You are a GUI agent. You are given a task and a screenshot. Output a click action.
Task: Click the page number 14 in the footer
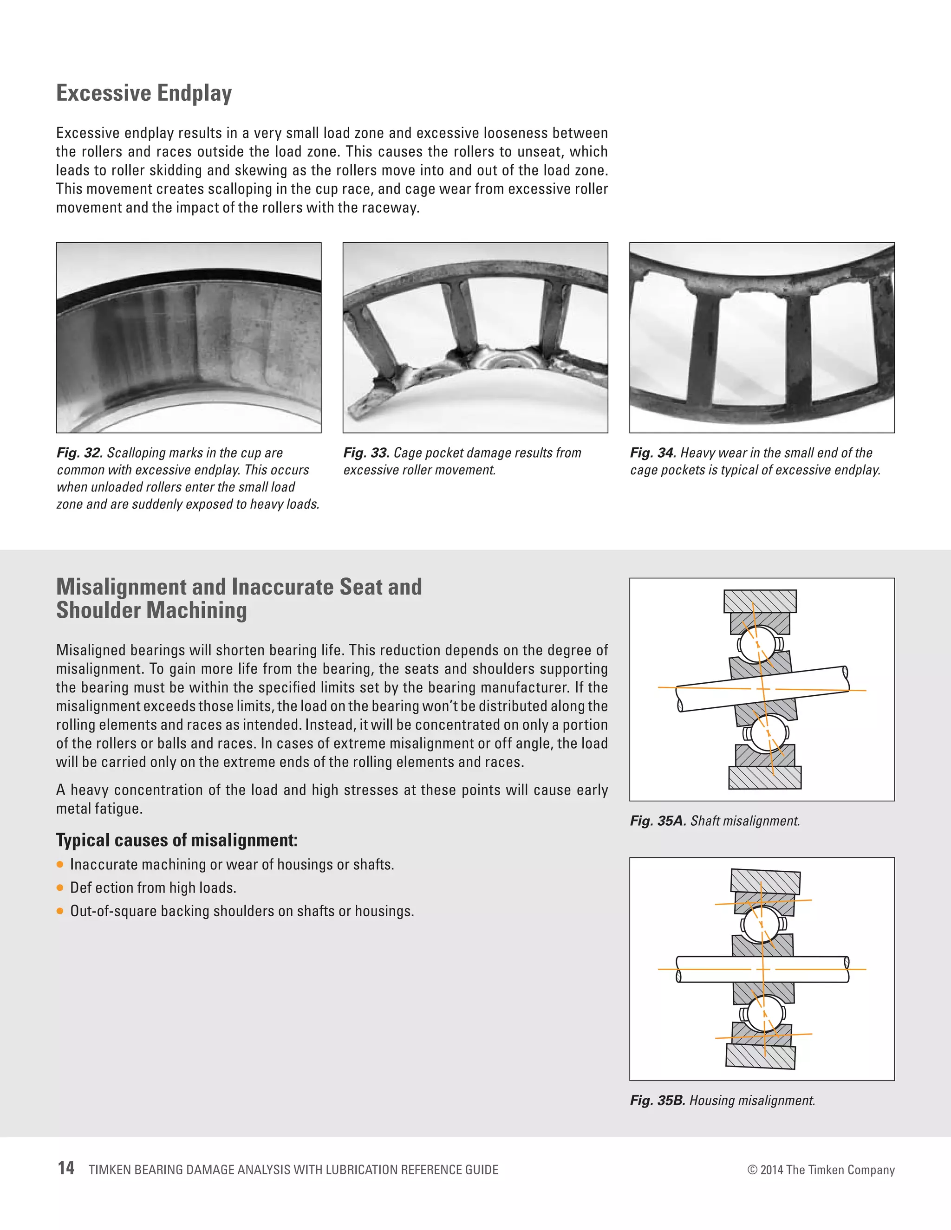tap(66, 1169)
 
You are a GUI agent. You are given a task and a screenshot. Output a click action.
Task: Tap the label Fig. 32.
tap(79, 453)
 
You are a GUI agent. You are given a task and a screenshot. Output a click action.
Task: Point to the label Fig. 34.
tap(652, 453)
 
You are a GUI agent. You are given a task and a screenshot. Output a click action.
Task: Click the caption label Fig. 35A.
tap(658, 821)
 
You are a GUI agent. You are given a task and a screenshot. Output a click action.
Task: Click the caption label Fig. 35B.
tap(658, 1101)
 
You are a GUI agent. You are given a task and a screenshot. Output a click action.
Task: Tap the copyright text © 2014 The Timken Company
tap(821, 1170)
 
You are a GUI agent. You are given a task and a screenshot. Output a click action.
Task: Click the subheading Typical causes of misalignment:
tap(176, 840)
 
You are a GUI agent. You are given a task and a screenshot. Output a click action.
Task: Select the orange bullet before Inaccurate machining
tap(60, 865)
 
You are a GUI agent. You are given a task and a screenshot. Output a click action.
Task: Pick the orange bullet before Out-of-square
tap(60, 911)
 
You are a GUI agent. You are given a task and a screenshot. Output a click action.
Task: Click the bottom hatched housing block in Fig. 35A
tap(764, 777)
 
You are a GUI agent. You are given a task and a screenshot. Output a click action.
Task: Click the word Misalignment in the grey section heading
tap(122, 587)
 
